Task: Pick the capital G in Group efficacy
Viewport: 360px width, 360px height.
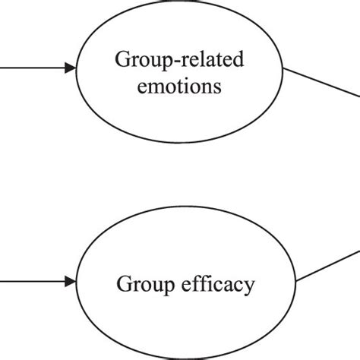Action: tap(123, 286)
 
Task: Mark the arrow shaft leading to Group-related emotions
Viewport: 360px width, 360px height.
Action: tap(30, 68)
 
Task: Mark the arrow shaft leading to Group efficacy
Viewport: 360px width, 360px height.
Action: tap(30, 282)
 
